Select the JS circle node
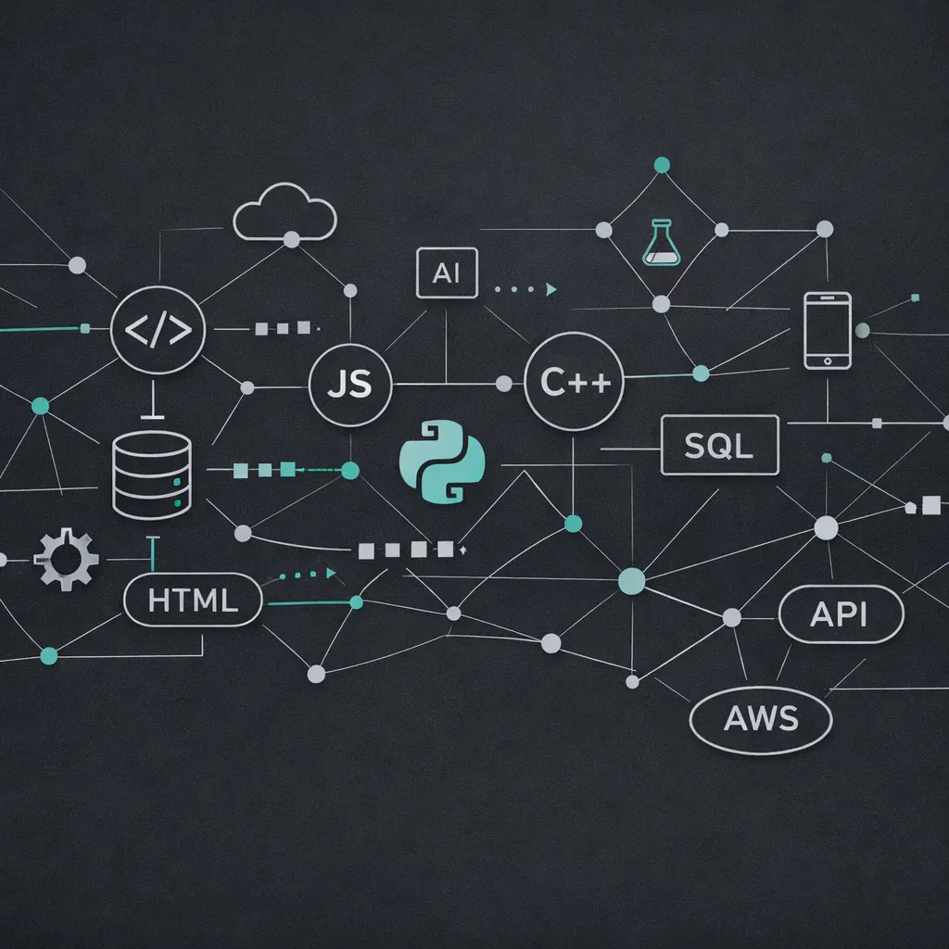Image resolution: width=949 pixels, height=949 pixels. [x=350, y=384]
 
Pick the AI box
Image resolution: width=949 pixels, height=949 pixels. [x=447, y=272]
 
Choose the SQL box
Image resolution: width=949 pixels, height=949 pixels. [x=719, y=447]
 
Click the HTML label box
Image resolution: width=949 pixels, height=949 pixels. [x=193, y=601]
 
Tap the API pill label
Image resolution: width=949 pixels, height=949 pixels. [x=841, y=614]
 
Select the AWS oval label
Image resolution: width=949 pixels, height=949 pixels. [x=761, y=717]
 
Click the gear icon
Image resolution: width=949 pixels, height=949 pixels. [x=66, y=559]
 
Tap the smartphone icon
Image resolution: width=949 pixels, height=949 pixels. [x=828, y=331]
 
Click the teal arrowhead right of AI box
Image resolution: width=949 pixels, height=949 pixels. [x=552, y=289]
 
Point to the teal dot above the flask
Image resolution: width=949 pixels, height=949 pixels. [x=662, y=165]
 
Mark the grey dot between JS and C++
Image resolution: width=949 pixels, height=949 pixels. [x=504, y=383]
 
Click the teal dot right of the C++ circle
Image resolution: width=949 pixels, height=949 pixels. [x=701, y=373]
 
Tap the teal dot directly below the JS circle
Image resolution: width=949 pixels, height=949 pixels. [x=350, y=471]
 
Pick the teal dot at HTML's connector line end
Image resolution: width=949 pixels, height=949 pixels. [x=355, y=602]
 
